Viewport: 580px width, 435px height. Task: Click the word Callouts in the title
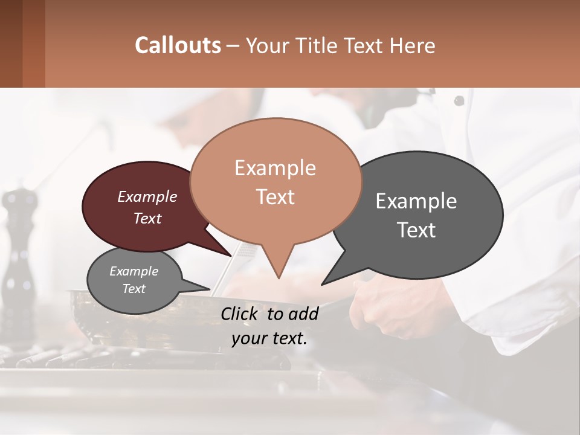pyautogui.click(x=178, y=45)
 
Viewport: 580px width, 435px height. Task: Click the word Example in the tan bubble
pyautogui.click(x=275, y=168)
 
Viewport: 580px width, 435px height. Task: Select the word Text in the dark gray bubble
pyautogui.click(x=416, y=230)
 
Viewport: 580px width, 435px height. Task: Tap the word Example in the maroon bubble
pyautogui.click(x=147, y=197)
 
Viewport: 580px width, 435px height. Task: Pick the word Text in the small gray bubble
pyautogui.click(x=134, y=289)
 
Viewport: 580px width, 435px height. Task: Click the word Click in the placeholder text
pyautogui.click(x=240, y=314)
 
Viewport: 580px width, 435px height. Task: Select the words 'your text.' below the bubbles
pyautogui.click(x=269, y=338)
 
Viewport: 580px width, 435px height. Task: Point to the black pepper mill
pyautogui.click(x=18, y=254)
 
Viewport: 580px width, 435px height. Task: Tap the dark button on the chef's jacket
pyautogui.click(x=459, y=100)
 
